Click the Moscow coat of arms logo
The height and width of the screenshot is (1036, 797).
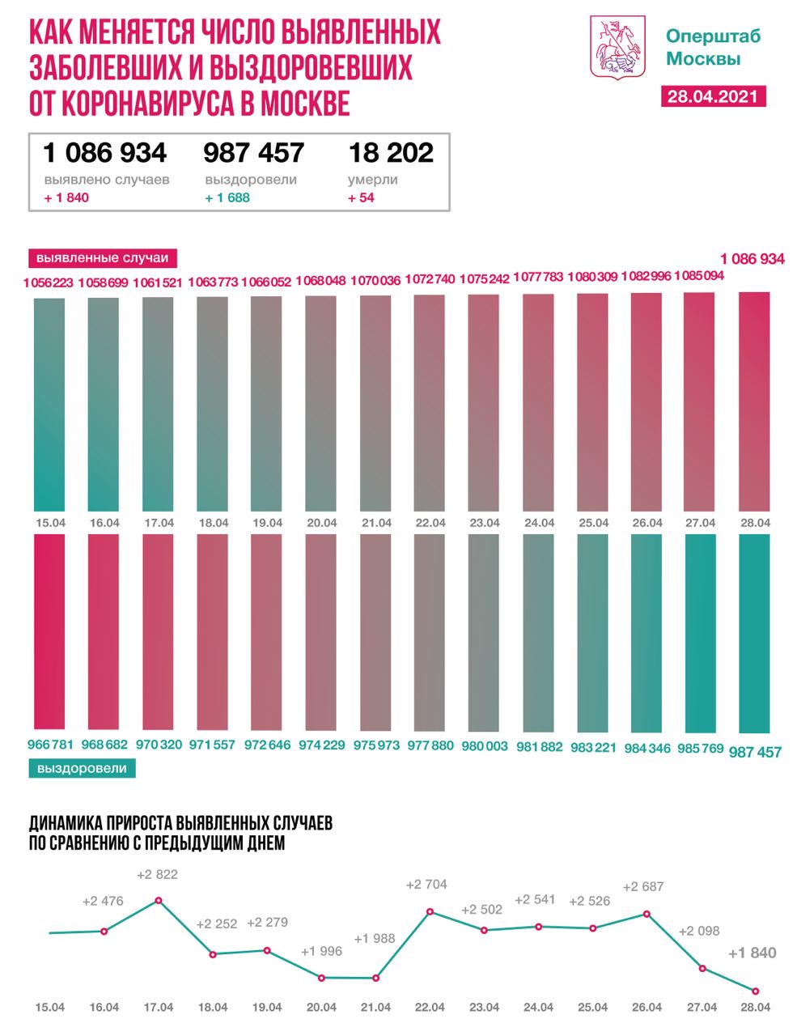620,49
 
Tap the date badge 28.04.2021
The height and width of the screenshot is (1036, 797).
713,96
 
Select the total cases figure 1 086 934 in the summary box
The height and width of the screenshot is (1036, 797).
105,152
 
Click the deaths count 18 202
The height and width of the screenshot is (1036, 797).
391,152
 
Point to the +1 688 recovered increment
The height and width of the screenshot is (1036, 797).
227,197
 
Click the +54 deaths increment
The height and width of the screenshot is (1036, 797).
361,197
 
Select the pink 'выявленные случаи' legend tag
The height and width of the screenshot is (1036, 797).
104,258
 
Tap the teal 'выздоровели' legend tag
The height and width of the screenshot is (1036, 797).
82,768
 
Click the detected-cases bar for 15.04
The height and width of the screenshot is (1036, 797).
50,403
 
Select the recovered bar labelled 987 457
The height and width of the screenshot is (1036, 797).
754,632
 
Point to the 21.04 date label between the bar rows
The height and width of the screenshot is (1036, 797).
375,523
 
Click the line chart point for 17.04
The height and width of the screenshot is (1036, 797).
159,900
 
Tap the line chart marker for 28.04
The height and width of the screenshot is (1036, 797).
756,991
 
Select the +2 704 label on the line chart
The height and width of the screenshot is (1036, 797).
426,885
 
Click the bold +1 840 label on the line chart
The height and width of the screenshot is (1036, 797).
752,953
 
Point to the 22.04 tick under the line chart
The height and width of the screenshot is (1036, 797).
430,1008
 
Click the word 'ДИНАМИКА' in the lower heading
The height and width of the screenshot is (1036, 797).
66,824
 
